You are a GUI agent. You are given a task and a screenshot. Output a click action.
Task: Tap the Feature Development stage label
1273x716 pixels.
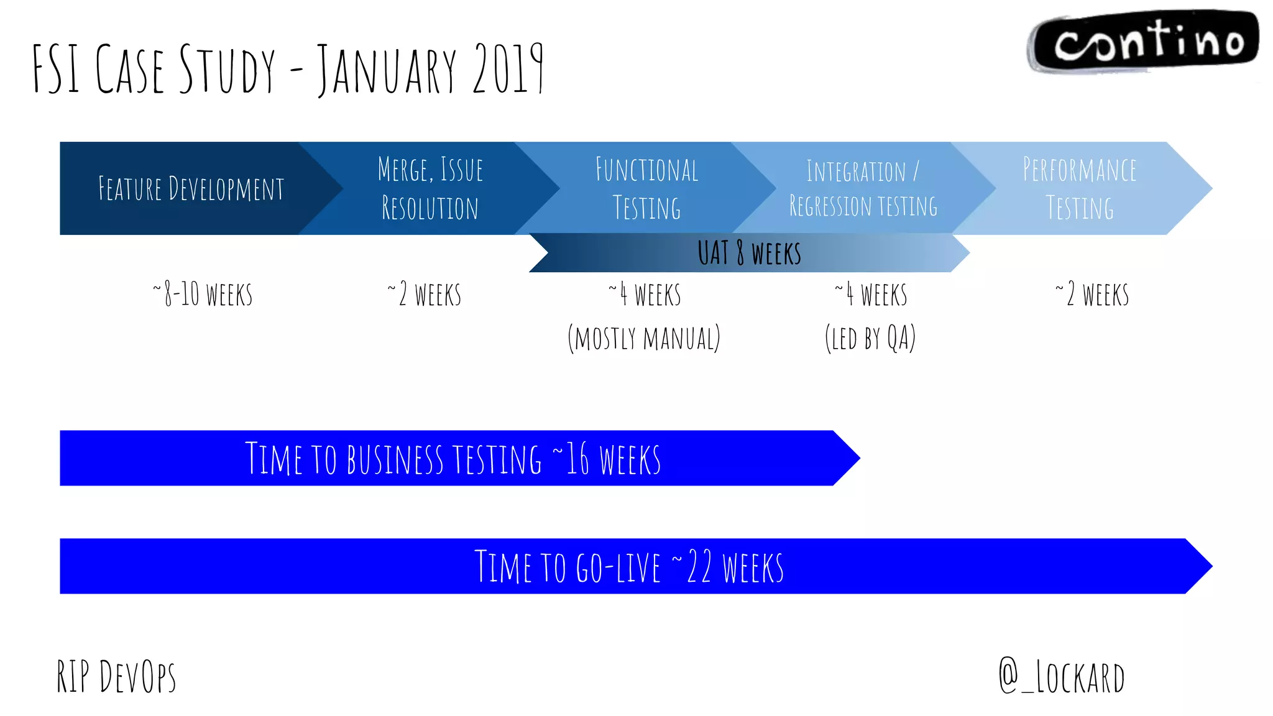point(191,189)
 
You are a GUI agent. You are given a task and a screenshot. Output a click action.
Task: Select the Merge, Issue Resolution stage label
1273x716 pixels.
point(430,189)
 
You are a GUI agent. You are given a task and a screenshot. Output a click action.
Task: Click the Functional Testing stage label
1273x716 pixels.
point(646,189)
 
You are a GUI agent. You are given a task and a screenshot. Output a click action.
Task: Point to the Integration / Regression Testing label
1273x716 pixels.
point(863,189)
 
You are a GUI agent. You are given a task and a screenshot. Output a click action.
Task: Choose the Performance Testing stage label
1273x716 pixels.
point(1080,189)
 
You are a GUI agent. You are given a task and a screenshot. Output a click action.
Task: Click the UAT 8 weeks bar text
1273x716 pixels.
point(749,254)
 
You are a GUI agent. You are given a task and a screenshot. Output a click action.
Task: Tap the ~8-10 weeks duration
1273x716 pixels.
point(203,295)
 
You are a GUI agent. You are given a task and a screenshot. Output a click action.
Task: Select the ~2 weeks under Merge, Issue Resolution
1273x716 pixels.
point(425,295)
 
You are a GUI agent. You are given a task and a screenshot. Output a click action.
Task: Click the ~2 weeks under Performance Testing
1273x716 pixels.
point(1092,295)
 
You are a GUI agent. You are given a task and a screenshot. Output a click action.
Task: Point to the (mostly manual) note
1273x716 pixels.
point(644,339)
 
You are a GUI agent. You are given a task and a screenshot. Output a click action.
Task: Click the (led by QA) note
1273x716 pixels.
point(870,339)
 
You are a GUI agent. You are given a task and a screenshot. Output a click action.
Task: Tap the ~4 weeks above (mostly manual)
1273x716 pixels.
point(645,295)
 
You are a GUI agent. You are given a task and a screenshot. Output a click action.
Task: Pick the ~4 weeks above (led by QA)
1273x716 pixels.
point(871,295)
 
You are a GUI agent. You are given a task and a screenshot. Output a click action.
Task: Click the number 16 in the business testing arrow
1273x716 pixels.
point(577,459)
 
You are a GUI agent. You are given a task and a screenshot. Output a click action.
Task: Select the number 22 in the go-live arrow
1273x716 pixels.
point(699,567)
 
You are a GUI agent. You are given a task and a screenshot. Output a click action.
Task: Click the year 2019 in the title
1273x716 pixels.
point(508,70)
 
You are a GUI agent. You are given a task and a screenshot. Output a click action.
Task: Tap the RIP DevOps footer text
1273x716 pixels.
point(116,676)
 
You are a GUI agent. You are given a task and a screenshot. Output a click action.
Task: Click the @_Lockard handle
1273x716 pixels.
point(1062,677)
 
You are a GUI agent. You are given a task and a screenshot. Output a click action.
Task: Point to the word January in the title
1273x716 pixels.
point(387,70)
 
